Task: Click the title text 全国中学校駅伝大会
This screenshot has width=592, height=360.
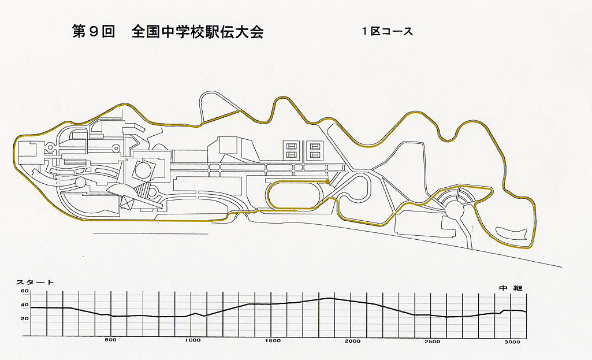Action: tap(198, 32)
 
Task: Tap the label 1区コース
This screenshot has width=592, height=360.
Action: tap(388, 32)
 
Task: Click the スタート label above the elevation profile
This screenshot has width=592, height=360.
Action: tap(35, 282)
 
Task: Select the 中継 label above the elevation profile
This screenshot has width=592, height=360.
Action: tap(513, 287)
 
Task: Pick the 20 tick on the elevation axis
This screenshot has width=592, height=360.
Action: tap(25, 318)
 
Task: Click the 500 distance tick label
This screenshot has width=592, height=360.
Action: tap(111, 340)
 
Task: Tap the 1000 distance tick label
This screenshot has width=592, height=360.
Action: tap(192, 341)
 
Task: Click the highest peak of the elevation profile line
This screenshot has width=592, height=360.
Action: tap(329, 298)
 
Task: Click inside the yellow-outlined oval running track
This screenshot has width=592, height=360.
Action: tap(297, 194)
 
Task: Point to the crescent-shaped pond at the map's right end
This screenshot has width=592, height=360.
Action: tap(513, 235)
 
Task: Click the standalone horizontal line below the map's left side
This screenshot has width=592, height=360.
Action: tap(150, 233)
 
